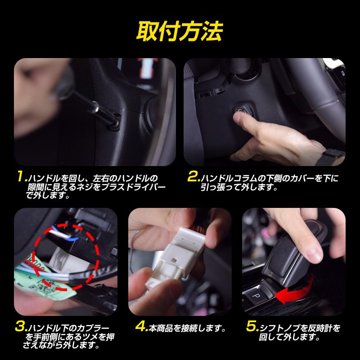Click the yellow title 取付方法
[x=180, y=31]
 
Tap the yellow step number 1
[x=22, y=177]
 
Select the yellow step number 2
[x=194, y=177]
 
